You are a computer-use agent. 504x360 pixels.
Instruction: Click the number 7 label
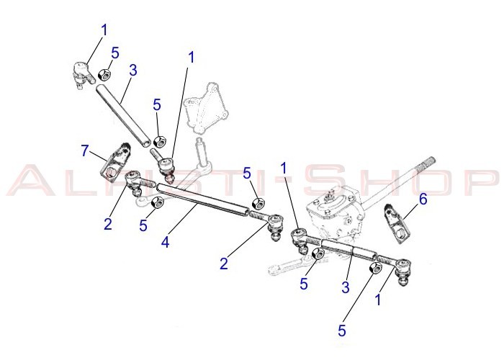tap(86, 151)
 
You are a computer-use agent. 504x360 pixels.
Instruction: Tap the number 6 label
tap(423, 199)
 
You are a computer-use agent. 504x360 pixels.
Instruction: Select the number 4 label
tap(166, 243)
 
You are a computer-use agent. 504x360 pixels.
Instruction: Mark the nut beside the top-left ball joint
tap(104, 74)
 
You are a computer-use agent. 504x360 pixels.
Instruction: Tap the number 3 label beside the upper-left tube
tap(133, 70)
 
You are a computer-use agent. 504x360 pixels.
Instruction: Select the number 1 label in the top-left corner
tap(104, 30)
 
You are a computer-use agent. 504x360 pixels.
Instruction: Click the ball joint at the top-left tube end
tap(80, 73)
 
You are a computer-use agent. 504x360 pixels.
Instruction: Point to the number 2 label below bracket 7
tap(107, 223)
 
